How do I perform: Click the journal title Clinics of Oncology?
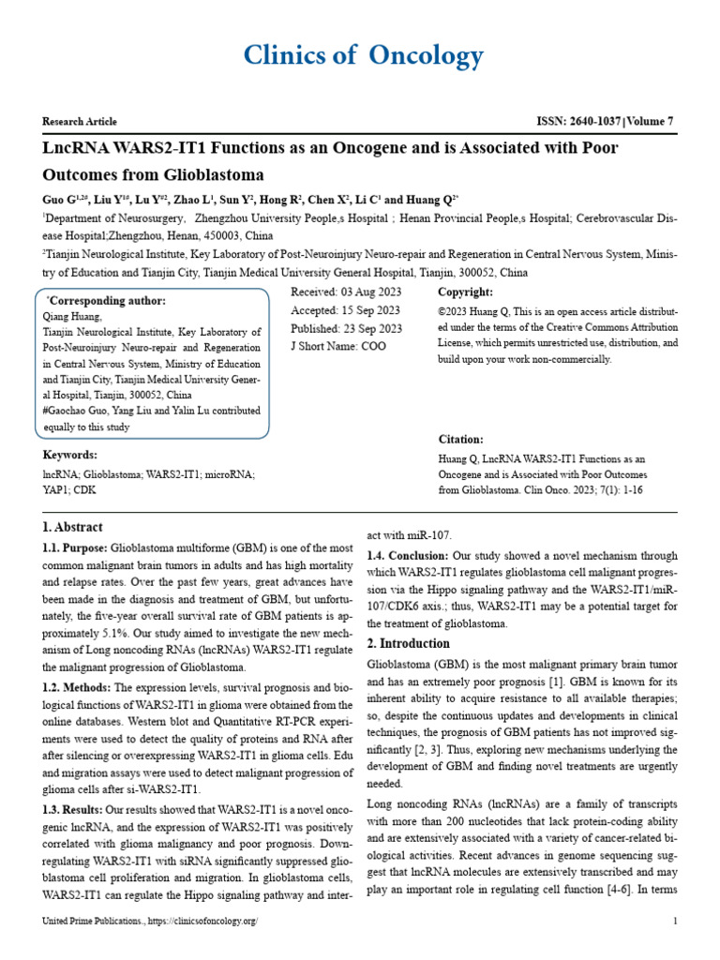coord(364,56)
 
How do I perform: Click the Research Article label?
coord(80,122)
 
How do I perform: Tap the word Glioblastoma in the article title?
coord(212,175)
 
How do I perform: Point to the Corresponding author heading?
coord(106,301)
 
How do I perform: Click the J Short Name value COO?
coord(372,346)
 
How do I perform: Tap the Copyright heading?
coord(466,293)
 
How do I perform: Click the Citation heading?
coord(461,440)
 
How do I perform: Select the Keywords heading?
coord(70,456)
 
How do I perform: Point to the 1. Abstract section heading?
coord(72,528)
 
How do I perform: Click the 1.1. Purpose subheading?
coord(75,547)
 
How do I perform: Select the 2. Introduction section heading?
coord(409,643)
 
